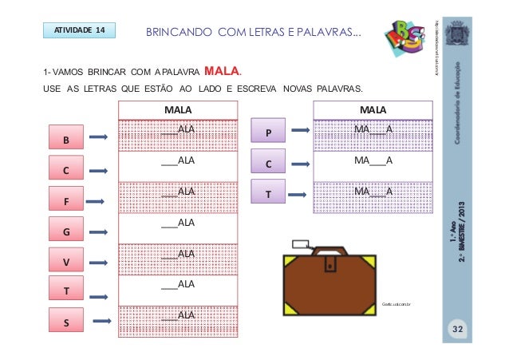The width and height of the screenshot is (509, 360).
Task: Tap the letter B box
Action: point(66,140)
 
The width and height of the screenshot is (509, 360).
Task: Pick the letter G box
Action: point(66,231)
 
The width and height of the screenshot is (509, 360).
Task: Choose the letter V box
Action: point(66,262)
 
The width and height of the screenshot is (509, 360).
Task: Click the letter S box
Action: point(66,322)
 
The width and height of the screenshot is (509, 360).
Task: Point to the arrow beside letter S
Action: point(100,321)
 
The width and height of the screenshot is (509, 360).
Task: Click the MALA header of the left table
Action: point(172,109)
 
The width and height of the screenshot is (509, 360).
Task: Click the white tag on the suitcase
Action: point(302,244)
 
